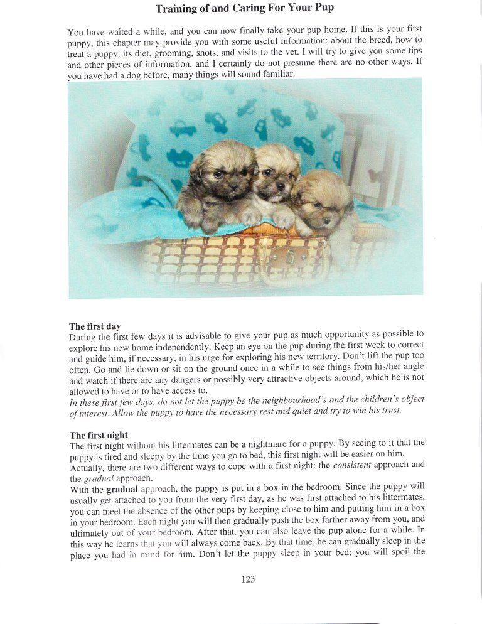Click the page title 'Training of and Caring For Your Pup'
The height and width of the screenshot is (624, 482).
pos(245,9)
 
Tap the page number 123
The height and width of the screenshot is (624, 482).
pos(248,579)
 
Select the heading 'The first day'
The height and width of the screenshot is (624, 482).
pos(95,326)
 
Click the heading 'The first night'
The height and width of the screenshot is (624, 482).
pos(99,435)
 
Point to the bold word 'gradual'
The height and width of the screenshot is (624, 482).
pos(122,488)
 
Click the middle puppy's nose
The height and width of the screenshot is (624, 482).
pos(280,186)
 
